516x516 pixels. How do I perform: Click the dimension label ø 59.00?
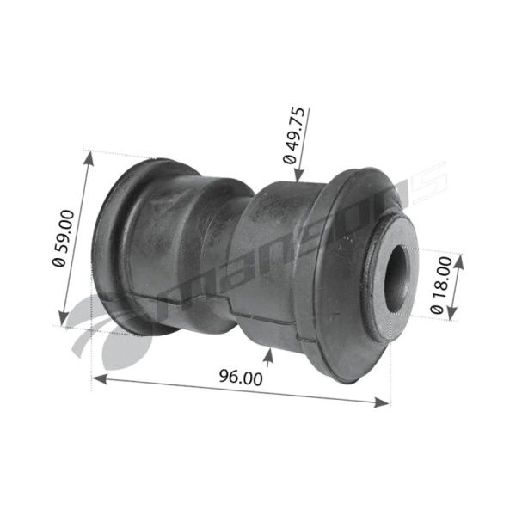point(63,238)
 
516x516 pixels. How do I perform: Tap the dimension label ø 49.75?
point(294,135)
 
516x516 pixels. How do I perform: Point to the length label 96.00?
point(241,378)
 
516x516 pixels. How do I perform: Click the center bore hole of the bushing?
point(396,279)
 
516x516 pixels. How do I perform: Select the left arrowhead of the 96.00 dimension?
point(100,378)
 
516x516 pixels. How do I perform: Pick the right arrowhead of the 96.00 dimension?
point(382,402)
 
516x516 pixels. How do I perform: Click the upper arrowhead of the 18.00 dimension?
point(459,261)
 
